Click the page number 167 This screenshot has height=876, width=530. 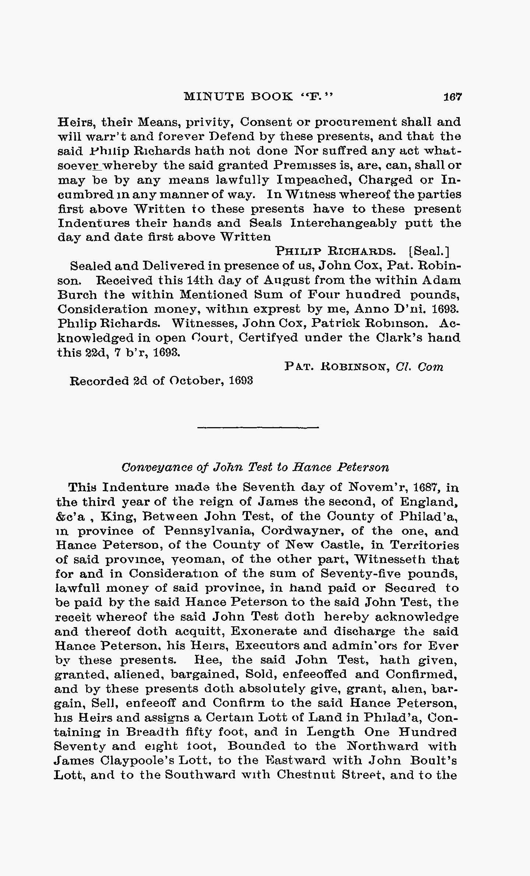tap(452, 97)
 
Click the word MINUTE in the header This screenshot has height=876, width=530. tap(214, 97)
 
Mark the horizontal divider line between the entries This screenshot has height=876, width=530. tap(258, 427)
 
